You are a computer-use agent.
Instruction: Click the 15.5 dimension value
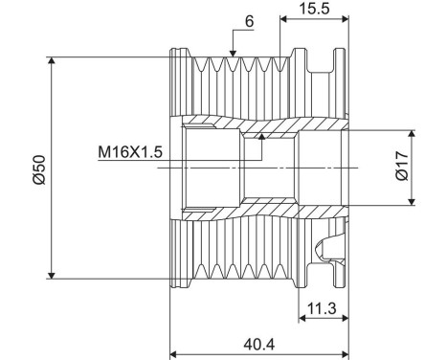pos(314,9)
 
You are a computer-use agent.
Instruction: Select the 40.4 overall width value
pos(259,345)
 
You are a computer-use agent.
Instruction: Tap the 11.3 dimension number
pos(322,308)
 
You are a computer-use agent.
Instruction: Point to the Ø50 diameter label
pos(39,169)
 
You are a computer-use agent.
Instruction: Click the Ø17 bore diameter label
pos(402,167)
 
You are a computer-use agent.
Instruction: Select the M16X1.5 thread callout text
pos(130,152)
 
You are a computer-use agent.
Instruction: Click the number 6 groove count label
pos(250,21)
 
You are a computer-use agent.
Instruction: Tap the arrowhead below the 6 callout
pos(233,54)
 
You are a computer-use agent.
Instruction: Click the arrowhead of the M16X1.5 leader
pos(261,137)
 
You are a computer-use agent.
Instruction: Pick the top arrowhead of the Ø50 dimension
pos(52,60)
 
